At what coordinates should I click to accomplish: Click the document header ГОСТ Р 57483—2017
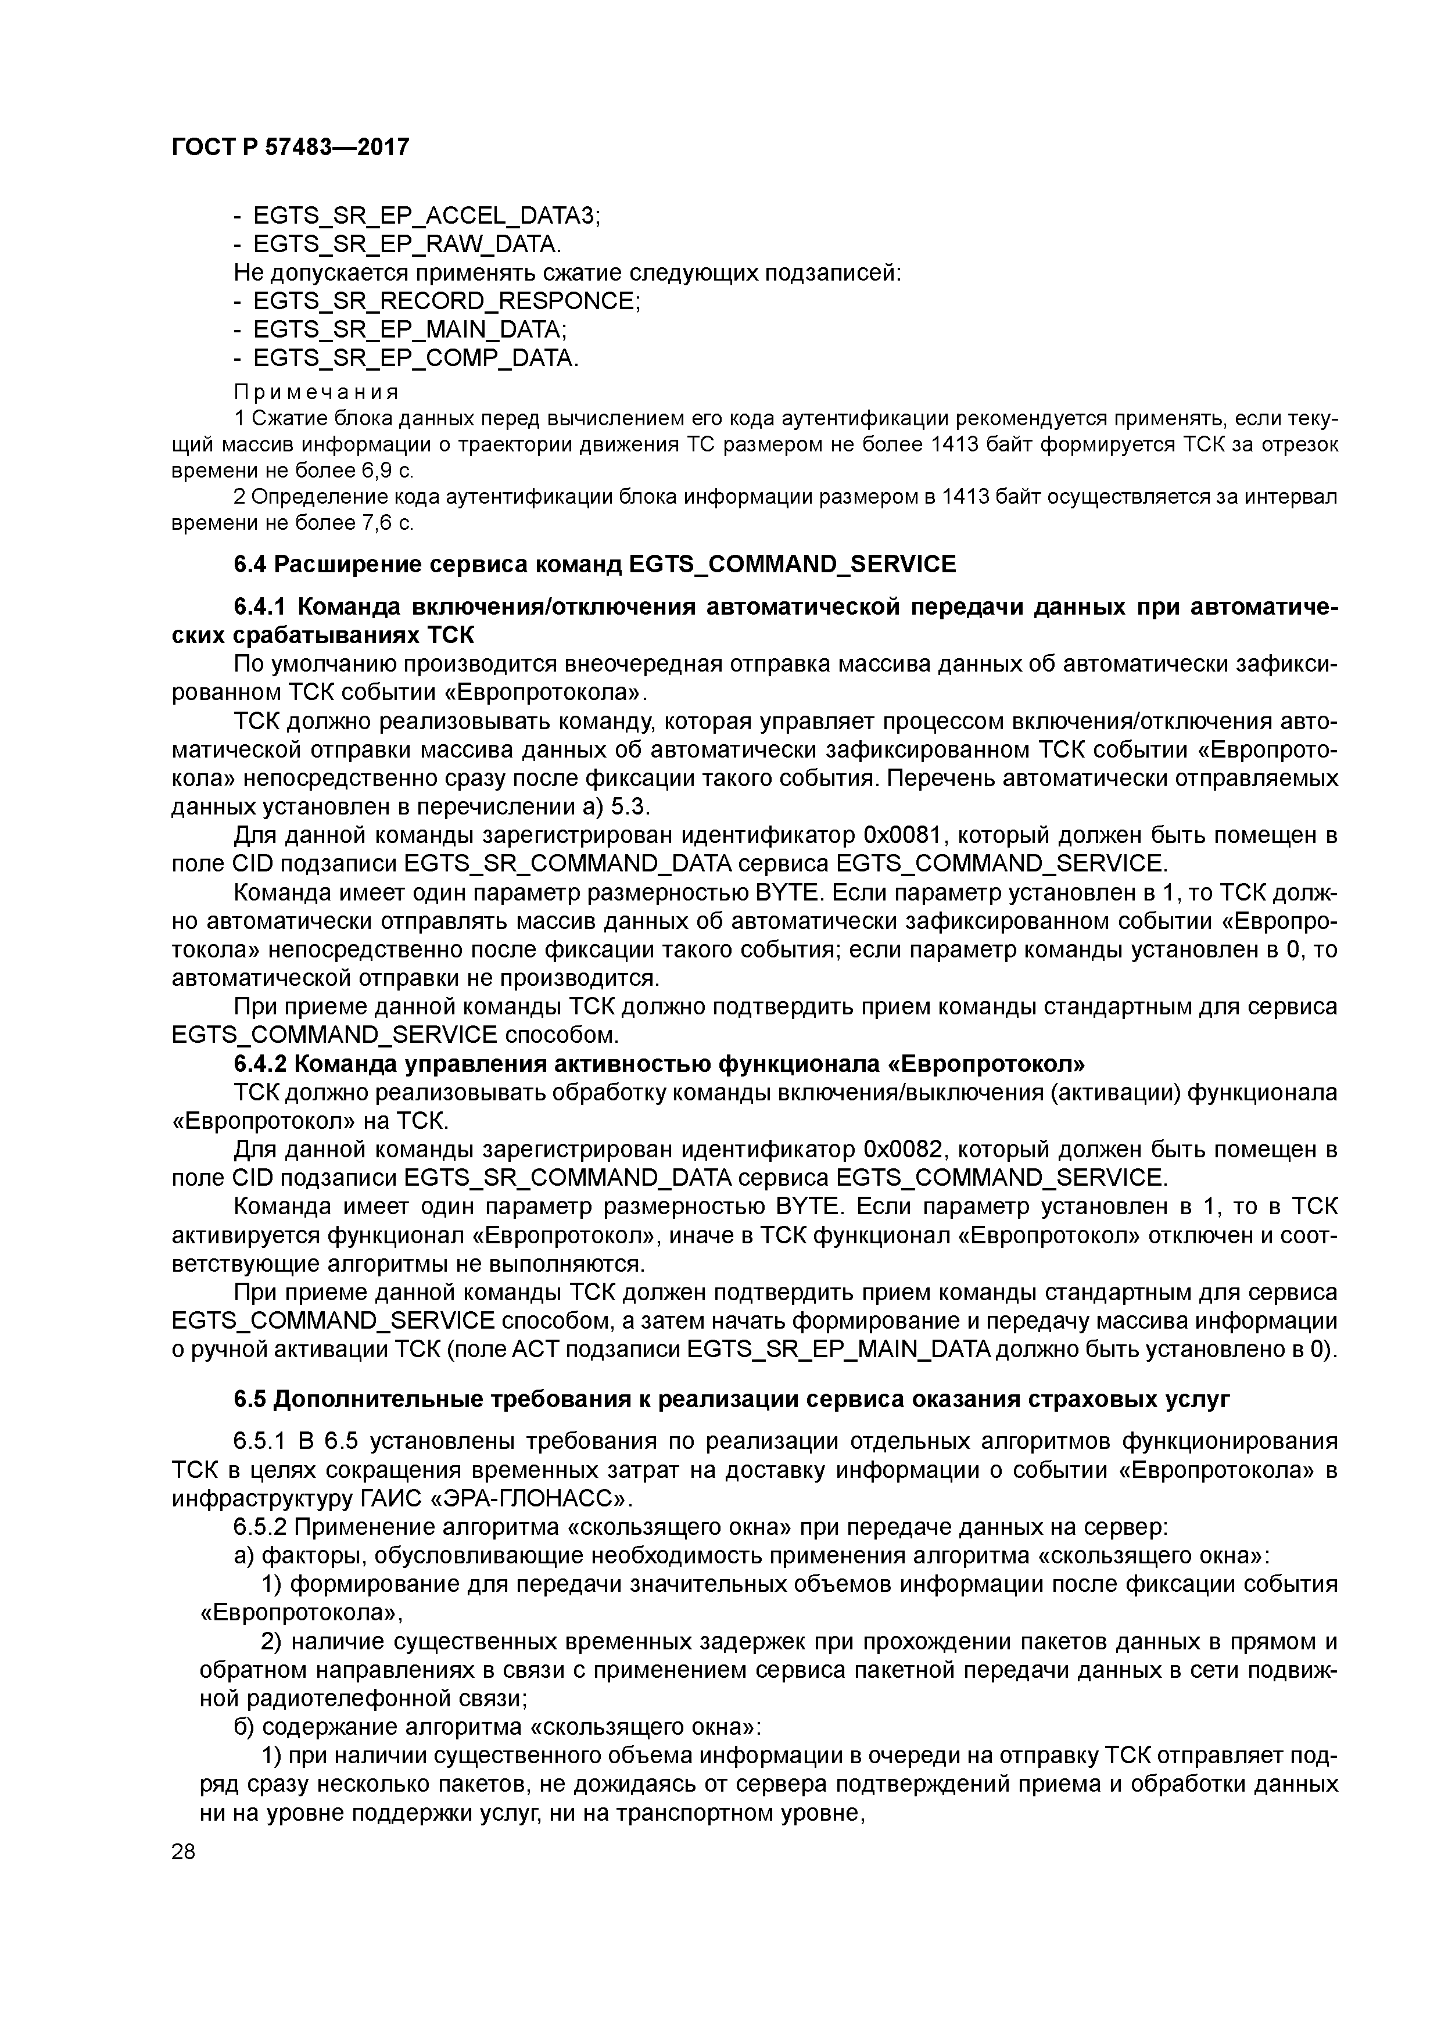(291, 146)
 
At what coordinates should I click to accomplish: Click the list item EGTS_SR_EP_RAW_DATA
(407, 244)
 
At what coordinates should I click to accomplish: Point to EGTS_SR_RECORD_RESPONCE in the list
(446, 301)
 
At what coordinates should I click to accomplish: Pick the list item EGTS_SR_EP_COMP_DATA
(415, 358)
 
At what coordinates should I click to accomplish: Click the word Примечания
(316, 392)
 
